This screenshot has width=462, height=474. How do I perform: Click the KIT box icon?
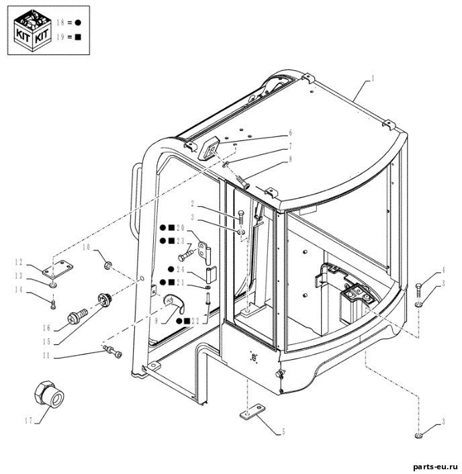(33, 30)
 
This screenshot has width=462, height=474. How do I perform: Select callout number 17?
(28, 420)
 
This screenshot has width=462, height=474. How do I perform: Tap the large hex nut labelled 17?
(49, 394)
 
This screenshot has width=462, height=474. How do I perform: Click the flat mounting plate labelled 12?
(58, 269)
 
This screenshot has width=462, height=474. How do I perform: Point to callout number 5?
(283, 432)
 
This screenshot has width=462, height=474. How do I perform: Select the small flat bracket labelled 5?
(252, 412)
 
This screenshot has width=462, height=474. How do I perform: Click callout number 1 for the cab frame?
(373, 79)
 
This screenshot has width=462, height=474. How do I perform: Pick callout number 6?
(290, 133)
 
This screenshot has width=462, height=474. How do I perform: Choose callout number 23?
(181, 240)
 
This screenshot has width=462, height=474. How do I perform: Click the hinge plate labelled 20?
(205, 251)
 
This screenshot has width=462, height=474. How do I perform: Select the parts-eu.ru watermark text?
(435, 467)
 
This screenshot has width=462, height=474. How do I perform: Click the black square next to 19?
(78, 37)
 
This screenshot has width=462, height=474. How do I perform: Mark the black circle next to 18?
(78, 22)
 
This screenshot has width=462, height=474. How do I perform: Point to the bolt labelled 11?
(112, 351)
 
